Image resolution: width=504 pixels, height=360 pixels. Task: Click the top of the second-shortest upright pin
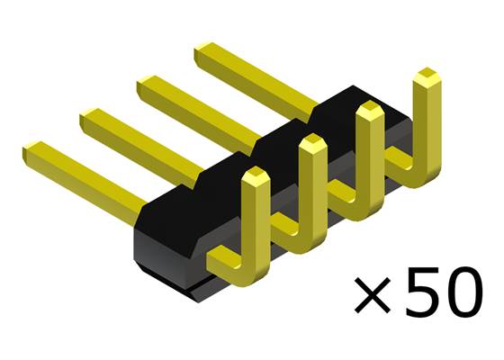point(311,144)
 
